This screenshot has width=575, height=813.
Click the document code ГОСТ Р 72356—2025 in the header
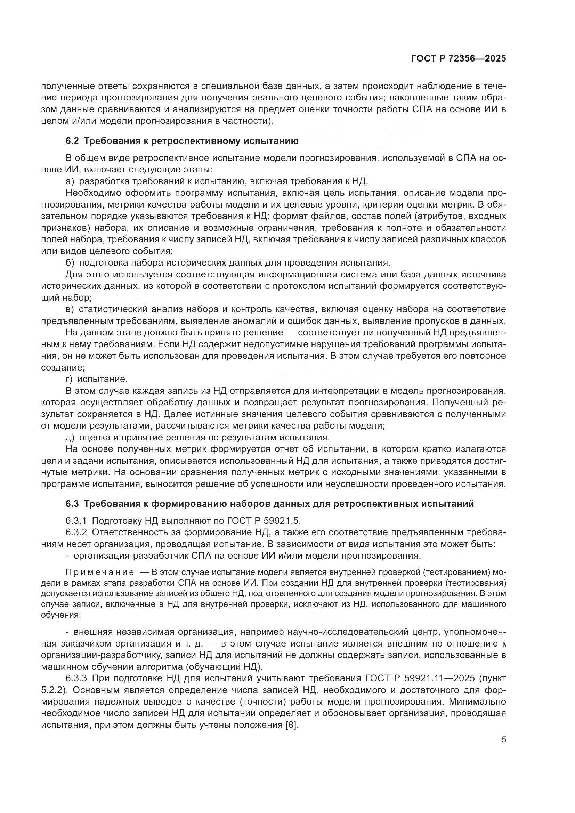[459, 59]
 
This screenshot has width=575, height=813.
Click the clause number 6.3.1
[76, 521]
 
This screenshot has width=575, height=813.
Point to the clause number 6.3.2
[76, 532]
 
